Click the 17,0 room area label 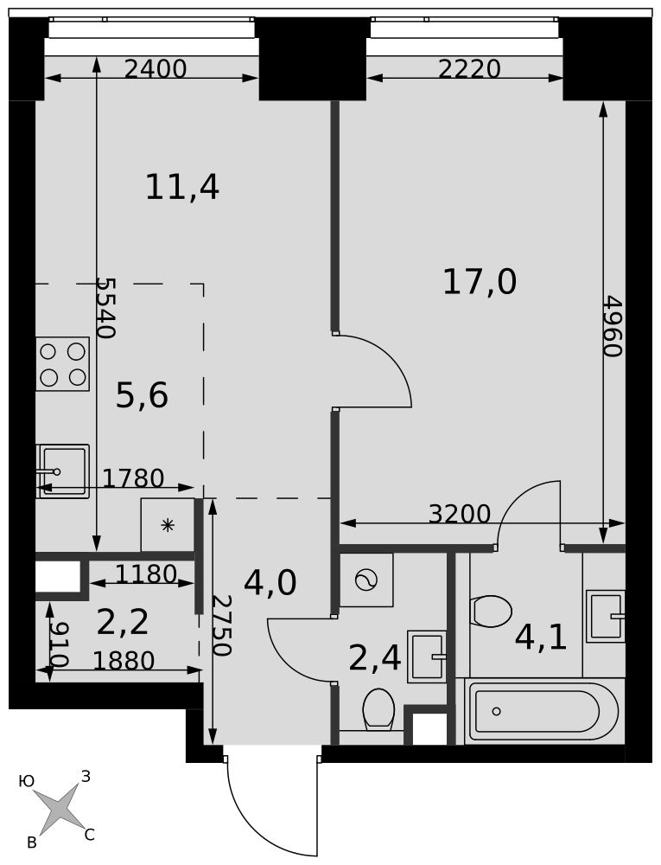[x=480, y=283]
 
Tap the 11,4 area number [x=182, y=188]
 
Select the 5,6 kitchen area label [x=142, y=396]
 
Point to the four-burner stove [x=63, y=364]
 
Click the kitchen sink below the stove [x=63, y=471]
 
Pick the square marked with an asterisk [x=168, y=525]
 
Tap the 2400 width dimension [x=156, y=69]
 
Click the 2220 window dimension [x=469, y=69]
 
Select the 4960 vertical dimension [x=612, y=327]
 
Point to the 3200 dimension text [x=460, y=514]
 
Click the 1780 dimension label [x=133, y=478]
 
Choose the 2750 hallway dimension [x=221, y=625]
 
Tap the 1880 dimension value [x=124, y=661]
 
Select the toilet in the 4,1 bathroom [x=492, y=612]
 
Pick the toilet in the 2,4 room [x=378, y=709]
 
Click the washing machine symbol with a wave [x=366, y=580]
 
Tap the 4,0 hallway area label [x=270, y=584]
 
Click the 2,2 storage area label [x=123, y=622]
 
